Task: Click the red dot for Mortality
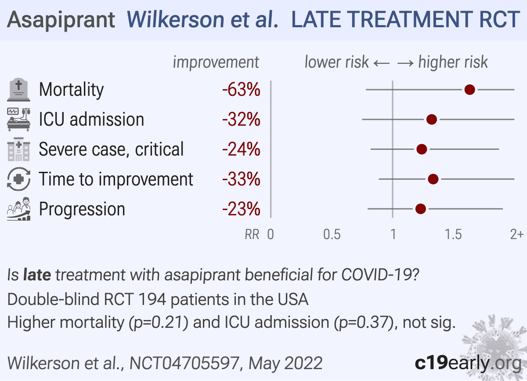point(469,90)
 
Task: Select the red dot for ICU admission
point(432,120)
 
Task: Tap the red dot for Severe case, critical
point(422,149)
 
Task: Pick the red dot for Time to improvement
point(433,179)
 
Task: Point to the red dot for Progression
point(420,209)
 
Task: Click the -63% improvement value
point(241,90)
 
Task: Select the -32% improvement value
point(241,120)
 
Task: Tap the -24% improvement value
point(241,149)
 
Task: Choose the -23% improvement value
point(241,209)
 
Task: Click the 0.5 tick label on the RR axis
point(332,235)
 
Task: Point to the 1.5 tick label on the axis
point(453,235)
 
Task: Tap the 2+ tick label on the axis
point(516,235)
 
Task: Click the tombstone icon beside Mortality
point(19,90)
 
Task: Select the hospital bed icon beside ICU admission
point(19,120)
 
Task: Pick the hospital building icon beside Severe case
point(19,150)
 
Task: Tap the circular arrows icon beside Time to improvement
point(19,179)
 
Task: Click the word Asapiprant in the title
point(61,20)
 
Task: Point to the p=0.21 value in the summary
point(159,323)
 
